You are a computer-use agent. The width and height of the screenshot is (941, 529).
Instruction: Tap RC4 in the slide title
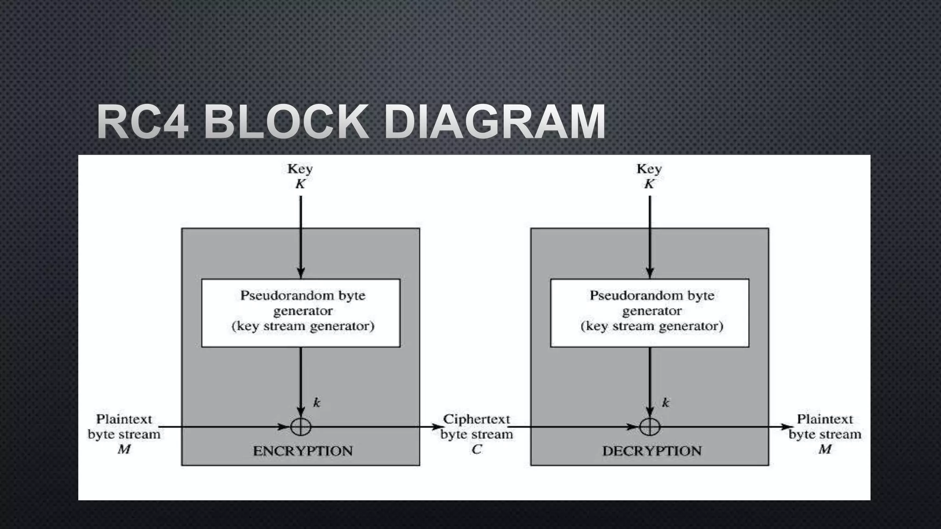pos(143,122)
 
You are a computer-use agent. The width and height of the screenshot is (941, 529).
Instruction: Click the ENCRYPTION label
pos(303,451)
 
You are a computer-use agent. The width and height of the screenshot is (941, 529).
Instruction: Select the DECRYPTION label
pos(652,451)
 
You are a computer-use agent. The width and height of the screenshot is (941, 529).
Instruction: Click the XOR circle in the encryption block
pos(301,427)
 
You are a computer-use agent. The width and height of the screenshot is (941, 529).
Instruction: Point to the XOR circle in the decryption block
pos(650,427)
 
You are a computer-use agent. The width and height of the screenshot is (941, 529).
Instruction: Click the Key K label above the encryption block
pos(300,176)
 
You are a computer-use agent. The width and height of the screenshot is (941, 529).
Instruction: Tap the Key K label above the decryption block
pos(649,176)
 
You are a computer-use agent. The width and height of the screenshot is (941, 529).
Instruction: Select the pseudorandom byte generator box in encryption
pos(301,313)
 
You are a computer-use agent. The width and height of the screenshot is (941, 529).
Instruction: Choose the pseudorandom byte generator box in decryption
pos(650,313)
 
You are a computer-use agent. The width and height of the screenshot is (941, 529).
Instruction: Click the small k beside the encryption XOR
pos(317,403)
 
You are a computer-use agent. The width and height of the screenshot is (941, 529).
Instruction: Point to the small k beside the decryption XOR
pos(666,403)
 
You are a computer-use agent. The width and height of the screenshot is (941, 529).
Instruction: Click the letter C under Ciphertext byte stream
pos(476,449)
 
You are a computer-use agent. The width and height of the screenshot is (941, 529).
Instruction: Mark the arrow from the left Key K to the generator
pos(301,236)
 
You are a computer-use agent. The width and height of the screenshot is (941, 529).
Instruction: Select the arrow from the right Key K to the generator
pos(650,236)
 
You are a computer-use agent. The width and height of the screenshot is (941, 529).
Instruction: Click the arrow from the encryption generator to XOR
pos(301,381)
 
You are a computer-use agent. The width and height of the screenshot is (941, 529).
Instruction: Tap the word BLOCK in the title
pos(286,122)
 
